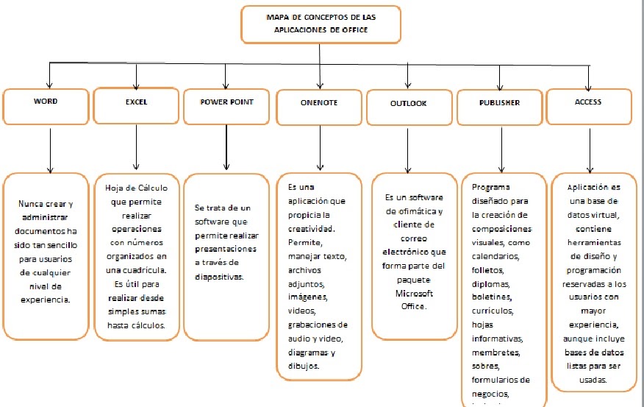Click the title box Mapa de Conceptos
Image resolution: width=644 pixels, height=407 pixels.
[320, 23]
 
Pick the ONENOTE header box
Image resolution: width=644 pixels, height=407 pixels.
[319, 107]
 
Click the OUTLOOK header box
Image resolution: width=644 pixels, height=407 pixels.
[408, 107]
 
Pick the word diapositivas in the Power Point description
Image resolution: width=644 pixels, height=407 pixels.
[220, 277]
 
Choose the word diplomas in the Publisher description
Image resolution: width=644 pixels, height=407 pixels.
[490, 283]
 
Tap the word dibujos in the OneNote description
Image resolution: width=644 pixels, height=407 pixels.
[304, 365]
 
